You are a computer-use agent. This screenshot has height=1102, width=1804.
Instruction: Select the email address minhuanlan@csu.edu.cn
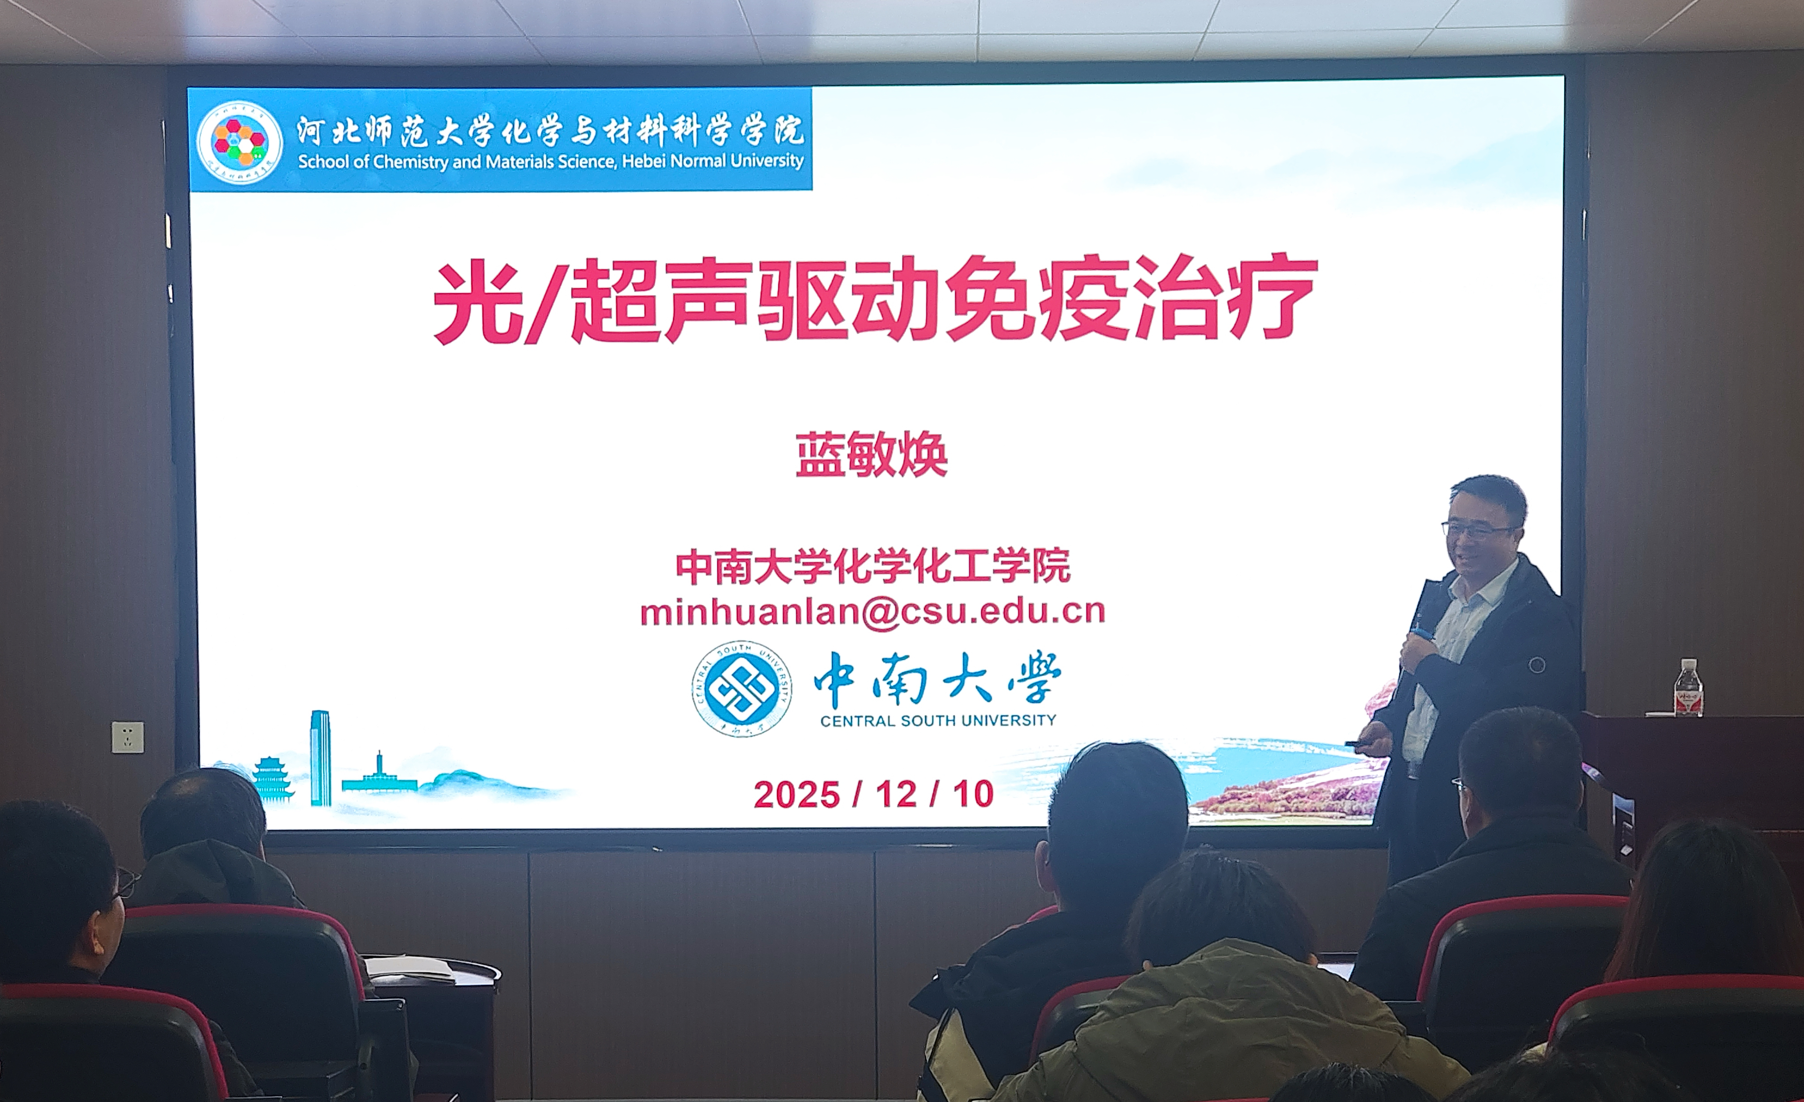(x=872, y=611)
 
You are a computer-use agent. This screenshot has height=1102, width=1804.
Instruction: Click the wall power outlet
(x=128, y=737)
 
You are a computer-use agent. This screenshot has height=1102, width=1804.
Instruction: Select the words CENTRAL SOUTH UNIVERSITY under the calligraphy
(x=938, y=721)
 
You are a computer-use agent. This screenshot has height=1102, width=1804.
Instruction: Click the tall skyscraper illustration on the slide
(x=320, y=758)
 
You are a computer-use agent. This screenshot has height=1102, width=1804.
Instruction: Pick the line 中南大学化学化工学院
(x=872, y=566)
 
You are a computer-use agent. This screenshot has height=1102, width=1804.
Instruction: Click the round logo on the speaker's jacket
(x=1537, y=665)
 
